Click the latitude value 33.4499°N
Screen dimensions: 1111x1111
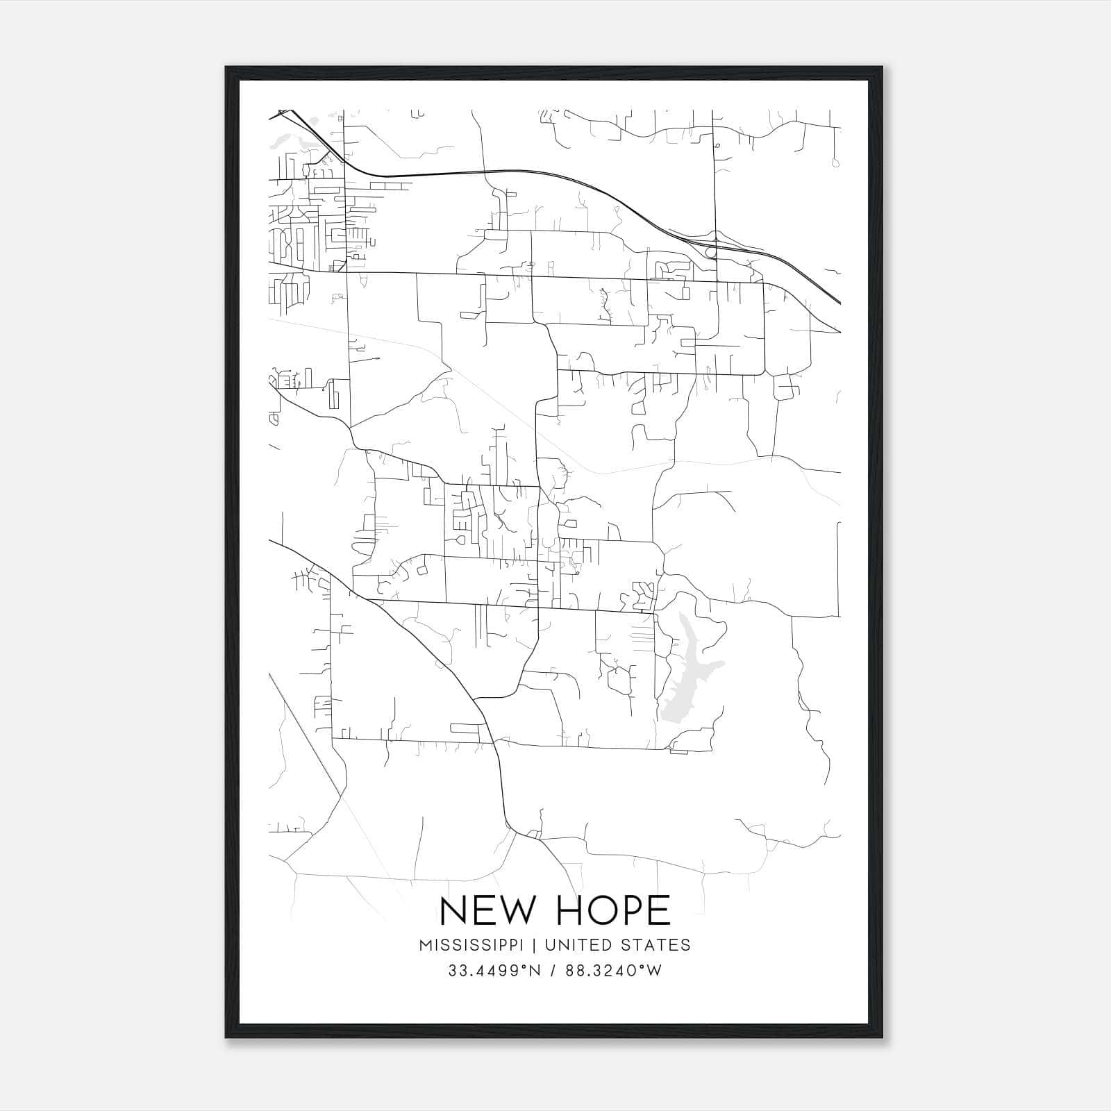coord(494,971)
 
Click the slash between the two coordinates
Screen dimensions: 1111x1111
coord(553,971)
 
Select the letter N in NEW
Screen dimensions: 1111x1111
coord(453,910)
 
